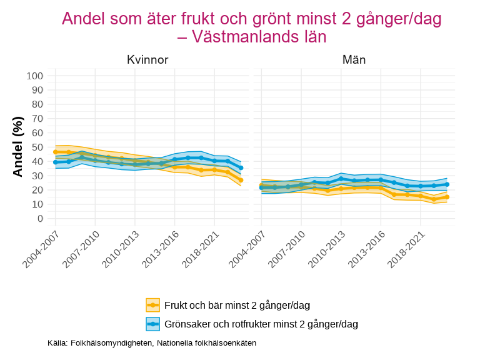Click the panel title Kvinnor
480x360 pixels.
click(147, 60)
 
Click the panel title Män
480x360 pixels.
click(354, 60)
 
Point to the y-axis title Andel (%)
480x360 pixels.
click(18, 146)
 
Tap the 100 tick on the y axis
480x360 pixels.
click(35, 76)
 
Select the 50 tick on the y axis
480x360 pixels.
click(38, 147)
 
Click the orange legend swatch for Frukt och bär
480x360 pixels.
click(153, 305)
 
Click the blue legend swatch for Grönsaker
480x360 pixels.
click(153, 324)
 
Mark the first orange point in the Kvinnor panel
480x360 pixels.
click(56, 152)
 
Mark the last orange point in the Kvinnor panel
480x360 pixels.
click(241, 180)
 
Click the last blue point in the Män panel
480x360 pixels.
click(447, 184)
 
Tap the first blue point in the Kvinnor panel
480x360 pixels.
click(56, 162)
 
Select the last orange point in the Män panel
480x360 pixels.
click(447, 197)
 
